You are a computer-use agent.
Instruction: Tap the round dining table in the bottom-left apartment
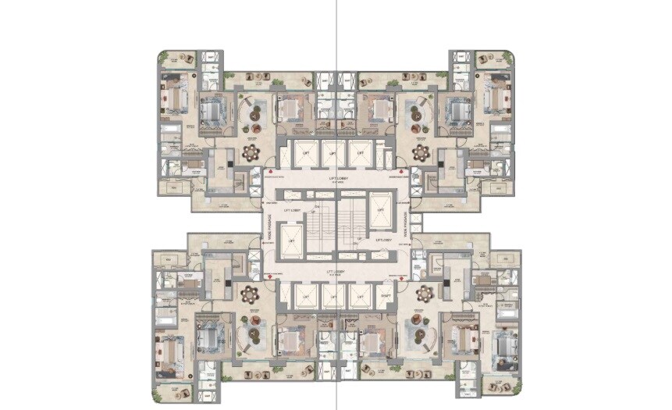pyautogui.click(x=251, y=294)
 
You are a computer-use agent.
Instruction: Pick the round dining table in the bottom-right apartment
pyautogui.click(x=425, y=294)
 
